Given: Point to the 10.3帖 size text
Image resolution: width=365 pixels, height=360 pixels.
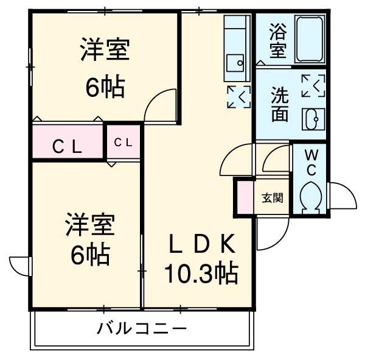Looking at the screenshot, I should (x=201, y=274).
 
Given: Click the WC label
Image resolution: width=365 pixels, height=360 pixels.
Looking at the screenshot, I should (x=310, y=161).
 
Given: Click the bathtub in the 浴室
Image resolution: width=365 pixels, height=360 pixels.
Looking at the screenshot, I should (x=311, y=39).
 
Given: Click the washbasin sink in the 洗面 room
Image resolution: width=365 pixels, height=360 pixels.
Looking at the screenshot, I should (x=314, y=119).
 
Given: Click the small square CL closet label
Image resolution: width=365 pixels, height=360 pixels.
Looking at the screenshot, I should (x=124, y=143).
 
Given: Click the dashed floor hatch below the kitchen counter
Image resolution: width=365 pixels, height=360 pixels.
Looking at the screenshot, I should (x=238, y=97).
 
